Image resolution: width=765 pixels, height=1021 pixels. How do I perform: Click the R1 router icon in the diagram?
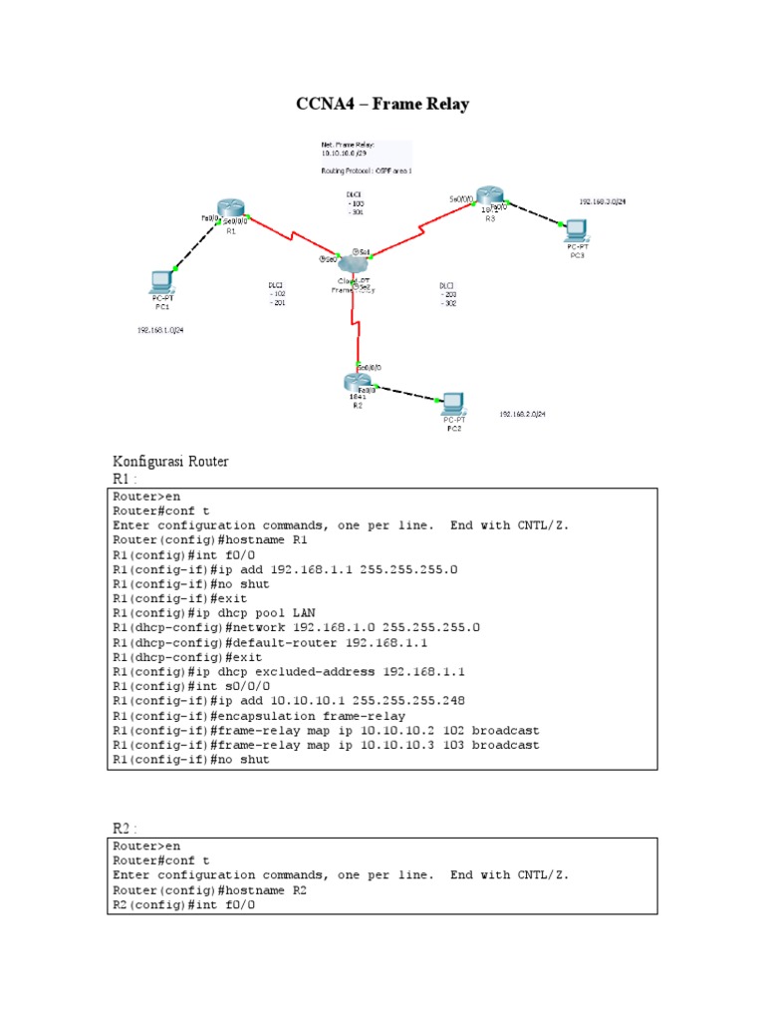231,210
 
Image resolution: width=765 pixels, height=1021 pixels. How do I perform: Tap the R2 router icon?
356,381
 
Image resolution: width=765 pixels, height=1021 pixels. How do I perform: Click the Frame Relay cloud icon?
353,263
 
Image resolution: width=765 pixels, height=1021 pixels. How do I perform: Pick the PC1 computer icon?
161,281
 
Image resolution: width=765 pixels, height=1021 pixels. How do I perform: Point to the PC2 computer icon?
453,403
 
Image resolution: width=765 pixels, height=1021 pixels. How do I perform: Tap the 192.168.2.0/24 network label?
522,413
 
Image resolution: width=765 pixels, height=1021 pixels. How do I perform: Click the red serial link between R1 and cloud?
290,237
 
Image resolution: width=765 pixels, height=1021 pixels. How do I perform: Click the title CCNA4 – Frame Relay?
382,104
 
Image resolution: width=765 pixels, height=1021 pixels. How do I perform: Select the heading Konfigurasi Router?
171,462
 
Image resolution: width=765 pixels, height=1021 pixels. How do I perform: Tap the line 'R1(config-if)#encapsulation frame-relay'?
258,715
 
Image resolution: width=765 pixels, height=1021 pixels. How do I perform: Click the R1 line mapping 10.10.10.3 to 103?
326,745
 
